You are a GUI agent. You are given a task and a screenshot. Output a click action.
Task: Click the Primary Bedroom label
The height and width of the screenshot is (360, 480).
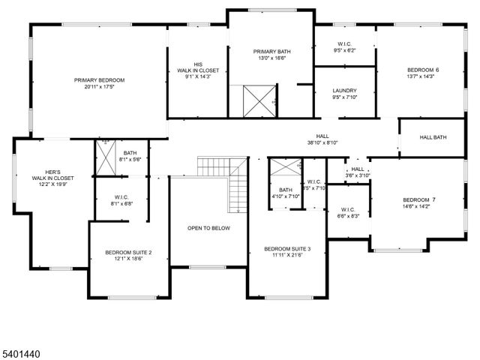(x=99, y=79)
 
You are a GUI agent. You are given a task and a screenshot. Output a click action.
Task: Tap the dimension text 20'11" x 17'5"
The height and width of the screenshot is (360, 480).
(x=99, y=87)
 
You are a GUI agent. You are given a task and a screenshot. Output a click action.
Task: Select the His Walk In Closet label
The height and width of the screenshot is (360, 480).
(x=199, y=67)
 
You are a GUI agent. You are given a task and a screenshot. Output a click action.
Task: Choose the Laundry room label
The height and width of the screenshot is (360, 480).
(x=345, y=91)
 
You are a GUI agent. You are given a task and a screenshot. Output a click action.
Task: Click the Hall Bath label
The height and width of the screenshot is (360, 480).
(x=433, y=136)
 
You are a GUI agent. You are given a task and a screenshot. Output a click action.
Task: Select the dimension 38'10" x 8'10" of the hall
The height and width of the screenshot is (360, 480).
(x=322, y=142)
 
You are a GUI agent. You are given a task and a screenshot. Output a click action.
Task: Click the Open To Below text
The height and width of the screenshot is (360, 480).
(x=209, y=228)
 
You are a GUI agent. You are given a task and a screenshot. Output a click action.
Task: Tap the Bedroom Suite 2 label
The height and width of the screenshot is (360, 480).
(x=128, y=253)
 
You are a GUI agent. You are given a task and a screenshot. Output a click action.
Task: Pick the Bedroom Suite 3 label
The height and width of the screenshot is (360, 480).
(x=287, y=248)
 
